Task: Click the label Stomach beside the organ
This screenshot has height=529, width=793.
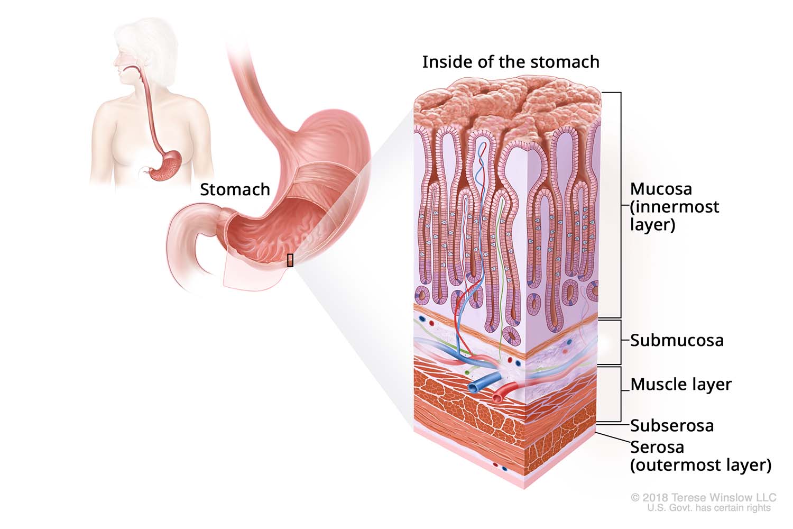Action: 235,189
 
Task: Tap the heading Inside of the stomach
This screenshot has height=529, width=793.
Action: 511,62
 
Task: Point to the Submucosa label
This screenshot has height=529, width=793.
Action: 677,340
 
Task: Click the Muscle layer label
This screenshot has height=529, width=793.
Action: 681,384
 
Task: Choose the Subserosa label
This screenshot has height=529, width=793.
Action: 672,425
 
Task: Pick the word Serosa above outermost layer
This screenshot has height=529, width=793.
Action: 657,447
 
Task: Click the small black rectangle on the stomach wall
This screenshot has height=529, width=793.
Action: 290,260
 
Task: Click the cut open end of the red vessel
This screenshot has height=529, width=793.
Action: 497,396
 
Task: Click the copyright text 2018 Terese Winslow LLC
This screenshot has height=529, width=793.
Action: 703,497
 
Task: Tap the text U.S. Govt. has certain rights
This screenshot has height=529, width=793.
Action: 709,508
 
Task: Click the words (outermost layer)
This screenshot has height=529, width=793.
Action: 700,465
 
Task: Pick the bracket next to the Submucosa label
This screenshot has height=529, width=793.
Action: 620,342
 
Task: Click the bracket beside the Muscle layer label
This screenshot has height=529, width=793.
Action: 620,394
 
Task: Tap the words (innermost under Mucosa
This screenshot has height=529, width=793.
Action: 675,206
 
